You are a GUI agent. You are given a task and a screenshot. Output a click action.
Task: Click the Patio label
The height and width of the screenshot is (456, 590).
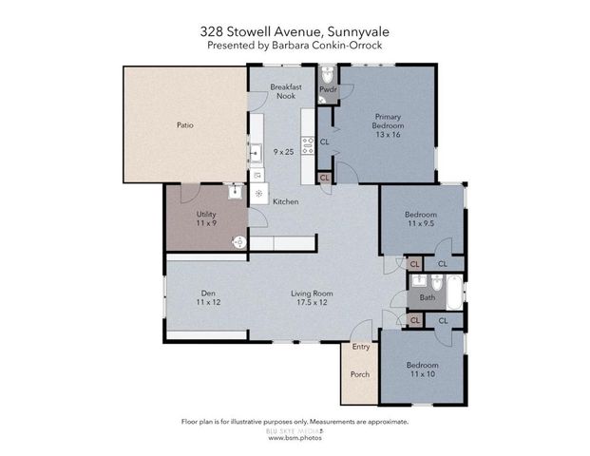184,123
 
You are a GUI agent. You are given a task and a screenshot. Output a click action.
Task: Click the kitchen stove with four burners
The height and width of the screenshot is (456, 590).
308,145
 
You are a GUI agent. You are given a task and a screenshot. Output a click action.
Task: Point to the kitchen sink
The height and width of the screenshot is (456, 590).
256,152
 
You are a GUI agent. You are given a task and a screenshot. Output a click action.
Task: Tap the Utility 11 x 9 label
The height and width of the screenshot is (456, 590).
206,218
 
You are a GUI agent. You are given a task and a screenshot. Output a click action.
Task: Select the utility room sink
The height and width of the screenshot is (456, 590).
234,191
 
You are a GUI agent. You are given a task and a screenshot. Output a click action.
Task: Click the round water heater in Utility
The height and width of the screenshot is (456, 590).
239,243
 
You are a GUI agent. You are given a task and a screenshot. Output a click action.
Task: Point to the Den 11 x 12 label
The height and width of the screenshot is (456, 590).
207,297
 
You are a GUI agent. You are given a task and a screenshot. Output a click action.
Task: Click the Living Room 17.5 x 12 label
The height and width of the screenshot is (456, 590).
309,297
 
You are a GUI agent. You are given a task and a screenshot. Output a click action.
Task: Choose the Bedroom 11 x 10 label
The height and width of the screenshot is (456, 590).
423,370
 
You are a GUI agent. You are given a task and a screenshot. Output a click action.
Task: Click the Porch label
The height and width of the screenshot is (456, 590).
359,372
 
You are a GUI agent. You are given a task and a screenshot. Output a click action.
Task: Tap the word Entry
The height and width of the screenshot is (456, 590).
360,348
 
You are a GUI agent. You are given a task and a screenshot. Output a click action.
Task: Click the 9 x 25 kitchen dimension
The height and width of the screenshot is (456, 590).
281,152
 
